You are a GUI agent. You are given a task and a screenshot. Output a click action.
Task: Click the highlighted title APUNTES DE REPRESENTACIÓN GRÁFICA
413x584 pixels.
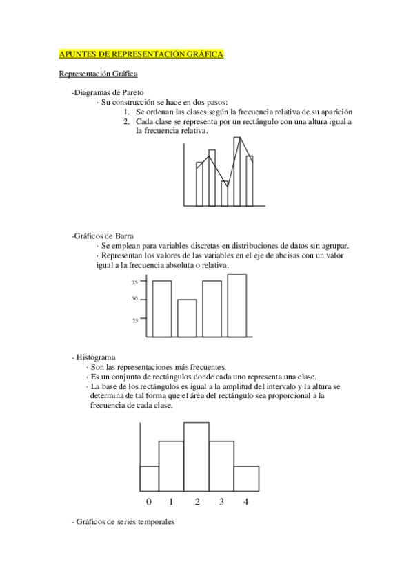(x=141, y=54)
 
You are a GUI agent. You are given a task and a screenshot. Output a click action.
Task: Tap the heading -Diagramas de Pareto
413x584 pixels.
(x=107, y=93)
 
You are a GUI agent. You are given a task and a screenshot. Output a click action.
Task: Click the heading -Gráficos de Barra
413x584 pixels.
(x=102, y=236)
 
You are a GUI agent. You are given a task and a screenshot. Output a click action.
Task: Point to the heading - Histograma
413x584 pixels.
(x=93, y=357)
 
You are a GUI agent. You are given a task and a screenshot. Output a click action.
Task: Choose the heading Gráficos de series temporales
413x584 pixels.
(x=123, y=522)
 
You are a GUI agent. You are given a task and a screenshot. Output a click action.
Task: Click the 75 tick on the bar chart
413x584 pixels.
(x=134, y=282)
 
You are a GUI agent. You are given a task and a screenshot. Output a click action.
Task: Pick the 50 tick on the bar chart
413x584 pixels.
(x=134, y=299)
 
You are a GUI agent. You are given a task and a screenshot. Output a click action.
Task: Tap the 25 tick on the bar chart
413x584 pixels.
(x=134, y=320)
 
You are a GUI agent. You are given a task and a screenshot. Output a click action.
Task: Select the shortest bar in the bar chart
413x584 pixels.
(x=187, y=318)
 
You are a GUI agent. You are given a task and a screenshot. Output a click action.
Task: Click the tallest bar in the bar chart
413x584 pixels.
(x=236, y=306)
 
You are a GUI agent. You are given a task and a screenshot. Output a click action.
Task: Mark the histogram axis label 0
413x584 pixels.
(x=149, y=501)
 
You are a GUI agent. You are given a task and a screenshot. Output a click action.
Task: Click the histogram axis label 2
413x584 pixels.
(x=197, y=501)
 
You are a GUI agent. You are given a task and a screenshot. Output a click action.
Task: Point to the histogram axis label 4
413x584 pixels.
(x=245, y=501)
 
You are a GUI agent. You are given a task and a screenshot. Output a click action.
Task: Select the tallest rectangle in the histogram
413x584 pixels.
(x=197, y=455)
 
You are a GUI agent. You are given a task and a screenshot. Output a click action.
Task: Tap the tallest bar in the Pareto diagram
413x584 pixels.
(x=237, y=171)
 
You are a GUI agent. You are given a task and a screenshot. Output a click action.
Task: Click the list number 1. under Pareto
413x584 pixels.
(x=128, y=112)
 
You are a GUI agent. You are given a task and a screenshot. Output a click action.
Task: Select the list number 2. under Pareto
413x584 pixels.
(x=128, y=122)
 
